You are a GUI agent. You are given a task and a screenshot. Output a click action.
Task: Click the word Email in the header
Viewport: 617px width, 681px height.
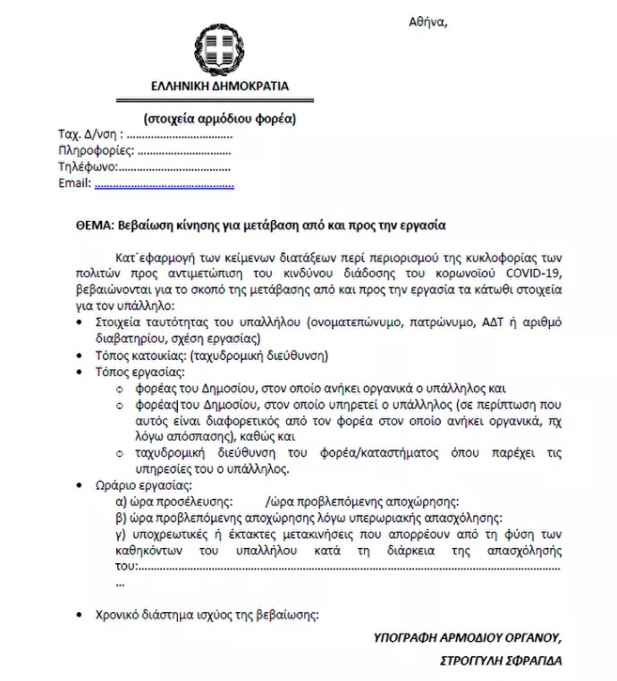point(74,183)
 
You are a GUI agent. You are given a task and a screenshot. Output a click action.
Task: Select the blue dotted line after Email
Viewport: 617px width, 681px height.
point(164,184)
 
